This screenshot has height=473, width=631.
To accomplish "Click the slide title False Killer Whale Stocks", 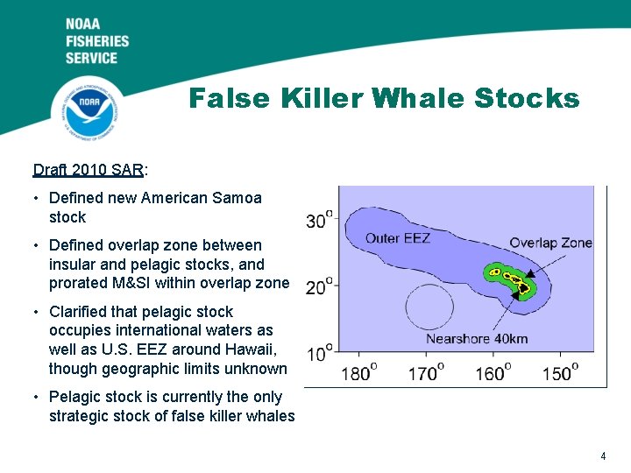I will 384,97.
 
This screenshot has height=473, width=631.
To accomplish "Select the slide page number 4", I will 603,455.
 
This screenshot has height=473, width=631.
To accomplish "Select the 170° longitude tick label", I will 427,374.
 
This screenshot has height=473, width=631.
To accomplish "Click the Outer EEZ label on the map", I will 397,238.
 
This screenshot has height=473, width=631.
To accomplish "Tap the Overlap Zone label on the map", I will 550,243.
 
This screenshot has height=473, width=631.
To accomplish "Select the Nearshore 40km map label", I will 477,338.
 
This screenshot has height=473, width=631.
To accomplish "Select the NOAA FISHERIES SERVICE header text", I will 96,40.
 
